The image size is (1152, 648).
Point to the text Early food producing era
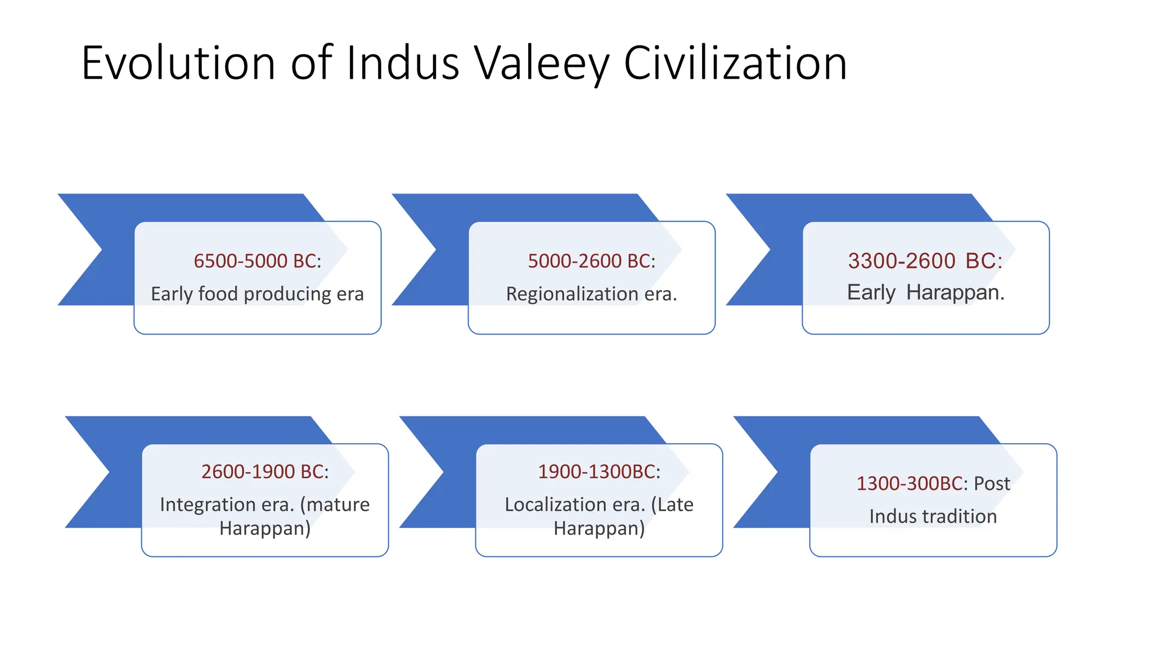(x=257, y=294)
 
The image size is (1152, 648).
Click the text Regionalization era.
(x=591, y=294)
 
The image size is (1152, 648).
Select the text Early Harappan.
(x=925, y=292)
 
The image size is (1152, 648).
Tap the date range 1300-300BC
(x=910, y=484)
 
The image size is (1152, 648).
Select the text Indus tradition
(x=933, y=516)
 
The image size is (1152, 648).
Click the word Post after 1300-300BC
(x=992, y=484)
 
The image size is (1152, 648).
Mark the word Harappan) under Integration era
(x=265, y=529)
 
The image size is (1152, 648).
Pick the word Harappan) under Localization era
(x=599, y=529)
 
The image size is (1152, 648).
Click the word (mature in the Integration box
(x=335, y=505)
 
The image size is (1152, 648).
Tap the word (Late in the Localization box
(x=672, y=505)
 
